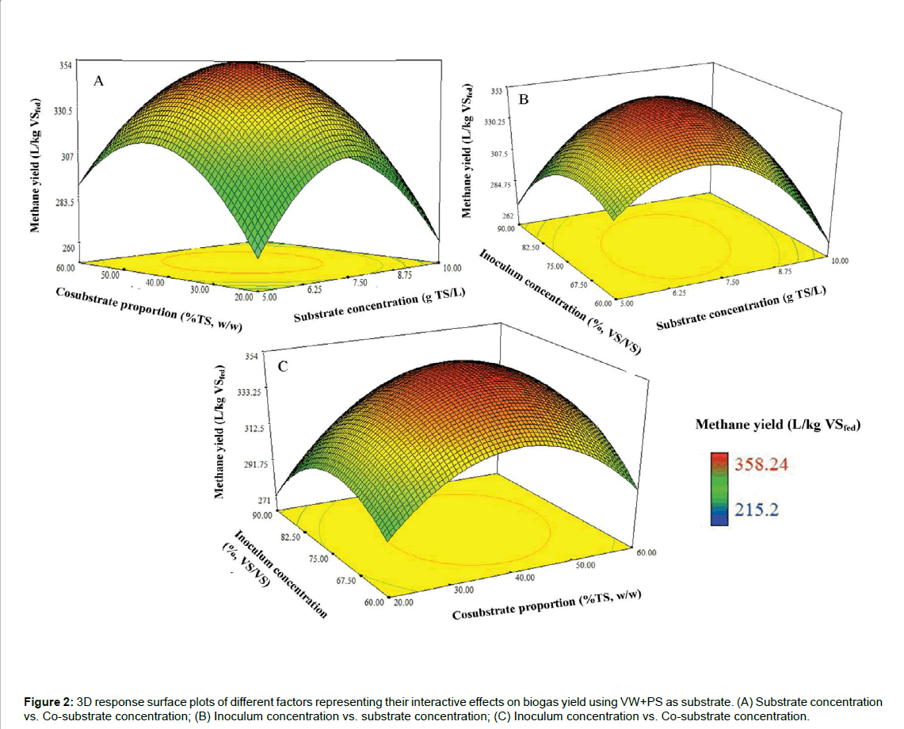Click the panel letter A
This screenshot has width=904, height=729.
[x=99, y=80]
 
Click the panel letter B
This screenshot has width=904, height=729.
[x=523, y=99]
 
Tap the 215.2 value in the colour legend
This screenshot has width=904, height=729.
[x=746, y=510]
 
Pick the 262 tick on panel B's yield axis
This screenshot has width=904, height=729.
[x=498, y=216]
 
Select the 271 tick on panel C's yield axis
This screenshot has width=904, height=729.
[x=262, y=501]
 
